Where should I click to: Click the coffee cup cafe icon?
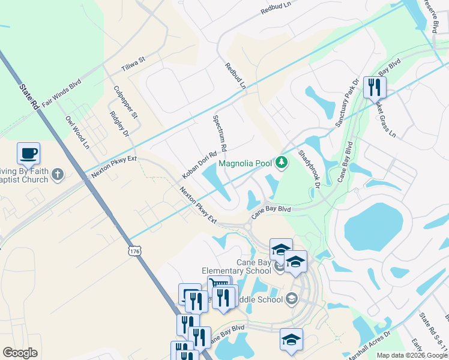(28, 154)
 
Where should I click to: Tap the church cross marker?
(57, 175)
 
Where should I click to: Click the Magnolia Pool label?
(245, 163)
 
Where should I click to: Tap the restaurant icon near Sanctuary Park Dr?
(374, 88)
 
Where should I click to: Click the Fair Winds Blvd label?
(66, 94)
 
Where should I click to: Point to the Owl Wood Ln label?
(77, 133)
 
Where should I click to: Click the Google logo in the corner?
(20, 353)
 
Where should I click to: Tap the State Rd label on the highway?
(28, 97)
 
